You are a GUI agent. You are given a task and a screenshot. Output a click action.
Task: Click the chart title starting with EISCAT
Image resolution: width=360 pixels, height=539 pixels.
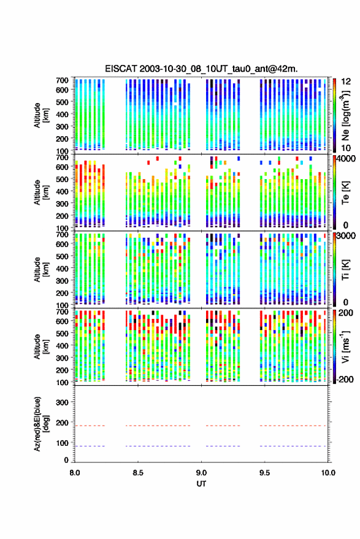click(x=201, y=69)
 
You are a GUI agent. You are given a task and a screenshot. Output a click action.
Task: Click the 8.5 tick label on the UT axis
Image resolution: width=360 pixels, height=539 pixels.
click(x=138, y=473)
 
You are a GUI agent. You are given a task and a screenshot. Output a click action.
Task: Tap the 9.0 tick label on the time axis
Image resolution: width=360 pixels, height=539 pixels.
click(x=201, y=473)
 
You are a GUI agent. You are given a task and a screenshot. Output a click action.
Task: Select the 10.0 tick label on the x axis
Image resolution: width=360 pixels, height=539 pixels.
click(x=328, y=473)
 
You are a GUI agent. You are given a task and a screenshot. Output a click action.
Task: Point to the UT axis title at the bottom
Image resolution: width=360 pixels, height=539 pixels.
click(x=201, y=484)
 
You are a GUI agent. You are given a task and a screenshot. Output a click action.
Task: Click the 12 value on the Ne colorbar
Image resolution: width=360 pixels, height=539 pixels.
click(x=346, y=82)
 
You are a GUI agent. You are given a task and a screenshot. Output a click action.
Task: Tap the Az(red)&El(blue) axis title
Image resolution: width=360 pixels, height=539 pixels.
click(x=42, y=424)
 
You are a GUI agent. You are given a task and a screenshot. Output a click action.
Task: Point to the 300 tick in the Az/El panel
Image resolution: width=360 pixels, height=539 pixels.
click(x=62, y=402)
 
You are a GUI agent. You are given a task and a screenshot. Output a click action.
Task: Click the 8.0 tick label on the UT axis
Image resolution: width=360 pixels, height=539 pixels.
click(x=75, y=473)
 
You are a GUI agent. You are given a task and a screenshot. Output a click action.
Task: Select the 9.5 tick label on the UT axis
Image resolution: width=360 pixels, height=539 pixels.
click(x=264, y=473)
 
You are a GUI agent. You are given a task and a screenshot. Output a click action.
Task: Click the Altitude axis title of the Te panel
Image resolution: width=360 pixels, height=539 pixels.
click(x=41, y=192)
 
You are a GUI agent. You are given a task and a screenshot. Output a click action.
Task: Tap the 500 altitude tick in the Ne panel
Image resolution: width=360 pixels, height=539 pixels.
click(x=62, y=102)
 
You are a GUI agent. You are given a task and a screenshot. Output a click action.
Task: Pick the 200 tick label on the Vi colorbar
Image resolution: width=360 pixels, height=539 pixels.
click(x=345, y=313)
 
